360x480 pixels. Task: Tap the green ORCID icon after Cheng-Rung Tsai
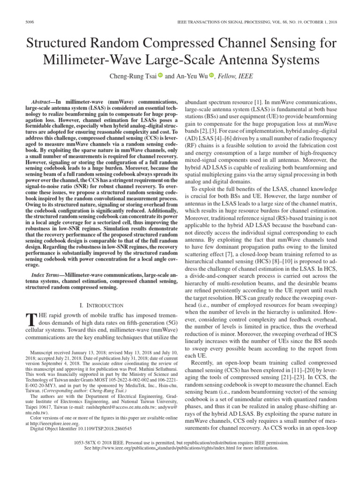point(160,76)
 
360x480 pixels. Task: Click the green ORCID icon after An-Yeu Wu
point(211,76)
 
